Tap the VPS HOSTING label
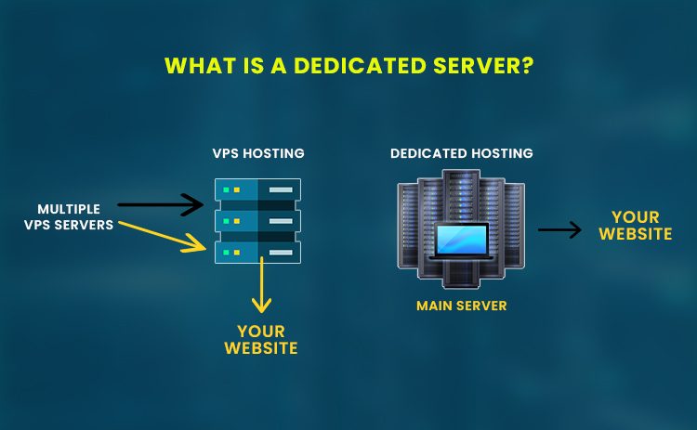257,153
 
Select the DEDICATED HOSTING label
461,153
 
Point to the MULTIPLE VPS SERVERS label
75,216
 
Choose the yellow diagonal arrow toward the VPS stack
164,235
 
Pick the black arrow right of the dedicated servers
559,229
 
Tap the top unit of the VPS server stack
257,190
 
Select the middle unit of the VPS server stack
257,221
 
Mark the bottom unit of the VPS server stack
257,251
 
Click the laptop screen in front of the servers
461,241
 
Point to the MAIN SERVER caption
461,306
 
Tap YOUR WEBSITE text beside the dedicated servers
635,227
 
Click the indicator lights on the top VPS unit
230,190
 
